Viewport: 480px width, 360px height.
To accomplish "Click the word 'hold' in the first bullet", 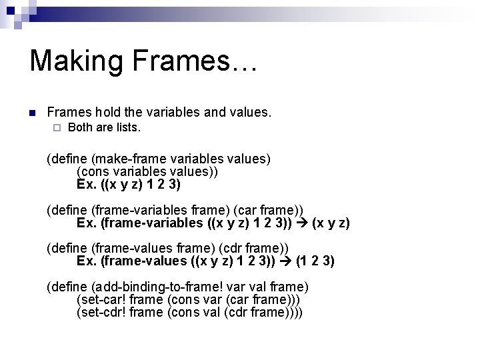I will pyautogui.click(x=110, y=113).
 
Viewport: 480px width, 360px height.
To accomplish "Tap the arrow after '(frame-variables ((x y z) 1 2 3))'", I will pyautogui.click(x=302, y=222).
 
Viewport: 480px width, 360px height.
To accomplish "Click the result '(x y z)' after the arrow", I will pyautogui.click(x=331, y=222).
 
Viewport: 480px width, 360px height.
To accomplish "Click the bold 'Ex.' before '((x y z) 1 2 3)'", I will pyautogui.click(x=87, y=183).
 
